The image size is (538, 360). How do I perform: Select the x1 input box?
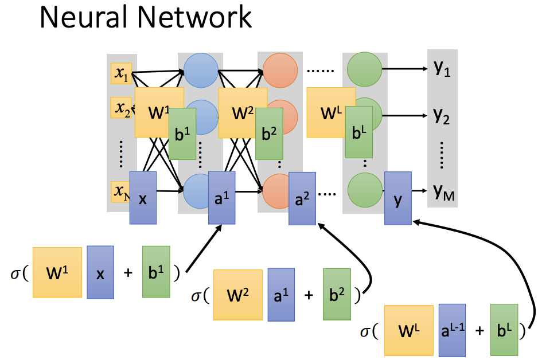121,73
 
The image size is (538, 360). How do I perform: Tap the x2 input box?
121,107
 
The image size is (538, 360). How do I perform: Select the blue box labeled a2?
302,199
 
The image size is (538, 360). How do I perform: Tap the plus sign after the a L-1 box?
480,331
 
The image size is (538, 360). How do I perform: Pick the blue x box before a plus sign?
100,273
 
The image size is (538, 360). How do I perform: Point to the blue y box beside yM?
397,197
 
